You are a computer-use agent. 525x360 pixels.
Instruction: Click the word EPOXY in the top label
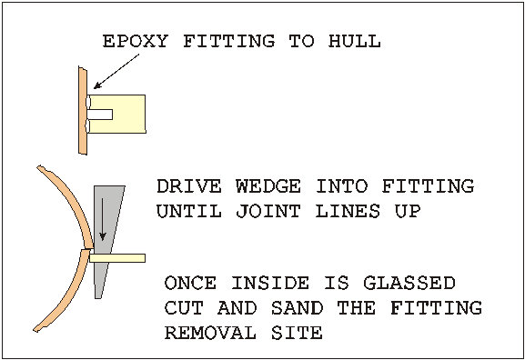pos(135,41)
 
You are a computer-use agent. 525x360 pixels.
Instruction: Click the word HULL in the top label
pos(354,41)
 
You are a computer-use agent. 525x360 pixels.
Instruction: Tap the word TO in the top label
pos(302,41)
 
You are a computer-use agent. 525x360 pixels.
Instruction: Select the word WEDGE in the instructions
pos(268,186)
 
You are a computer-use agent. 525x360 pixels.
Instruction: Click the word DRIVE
pos(189,186)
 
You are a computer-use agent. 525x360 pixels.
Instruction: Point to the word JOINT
pos(268,211)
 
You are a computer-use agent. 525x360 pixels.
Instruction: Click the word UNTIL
pos(189,211)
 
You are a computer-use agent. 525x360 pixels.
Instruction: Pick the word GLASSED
pos(409,283)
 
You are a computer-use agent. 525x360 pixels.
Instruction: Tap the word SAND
pos(297,308)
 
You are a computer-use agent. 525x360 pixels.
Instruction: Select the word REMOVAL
pos(210,333)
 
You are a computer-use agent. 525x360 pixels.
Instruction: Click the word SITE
pos(297,333)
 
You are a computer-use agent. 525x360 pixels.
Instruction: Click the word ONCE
pos(190,283)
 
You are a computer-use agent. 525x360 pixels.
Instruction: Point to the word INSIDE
pos(270,283)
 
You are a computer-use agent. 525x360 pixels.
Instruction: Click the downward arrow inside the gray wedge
pos(103,219)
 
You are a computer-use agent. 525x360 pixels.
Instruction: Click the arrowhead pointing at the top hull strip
pos(96,86)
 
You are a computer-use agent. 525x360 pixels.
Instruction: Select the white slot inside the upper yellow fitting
pos(99,115)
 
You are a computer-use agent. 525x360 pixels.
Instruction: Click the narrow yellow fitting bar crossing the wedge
pos(117,258)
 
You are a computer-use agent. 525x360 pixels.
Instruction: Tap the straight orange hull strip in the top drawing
pos(83,110)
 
